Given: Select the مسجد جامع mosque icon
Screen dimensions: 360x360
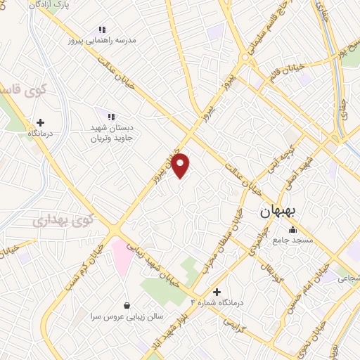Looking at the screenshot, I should (x=292, y=229).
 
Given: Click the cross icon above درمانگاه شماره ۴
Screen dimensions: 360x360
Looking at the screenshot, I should (x=216, y=291).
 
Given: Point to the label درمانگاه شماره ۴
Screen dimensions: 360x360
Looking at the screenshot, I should (x=217, y=302).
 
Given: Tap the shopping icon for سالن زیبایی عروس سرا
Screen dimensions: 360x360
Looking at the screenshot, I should (x=127, y=305).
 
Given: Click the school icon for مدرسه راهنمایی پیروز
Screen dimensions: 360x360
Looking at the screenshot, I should (x=102, y=30).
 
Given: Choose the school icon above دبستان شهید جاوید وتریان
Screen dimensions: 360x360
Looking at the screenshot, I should (x=110, y=116).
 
